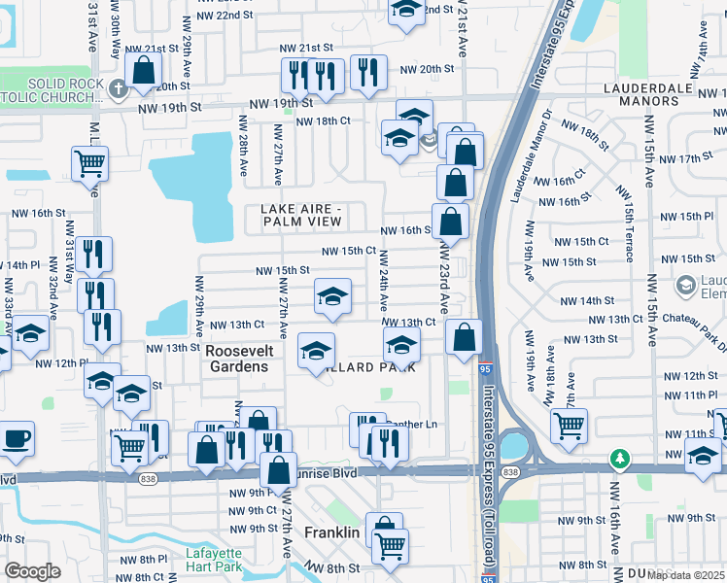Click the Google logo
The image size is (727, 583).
click(32, 571)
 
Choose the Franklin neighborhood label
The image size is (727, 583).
click(331, 533)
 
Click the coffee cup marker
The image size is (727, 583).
click(15, 437)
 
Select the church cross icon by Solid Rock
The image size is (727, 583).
click(120, 90)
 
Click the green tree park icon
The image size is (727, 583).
click(617, 457)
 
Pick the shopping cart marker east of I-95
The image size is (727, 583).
click(569, 425)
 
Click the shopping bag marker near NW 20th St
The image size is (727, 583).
click(144, 71)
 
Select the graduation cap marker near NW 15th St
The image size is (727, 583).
click(332, 295)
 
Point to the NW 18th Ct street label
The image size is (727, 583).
click(323, 121)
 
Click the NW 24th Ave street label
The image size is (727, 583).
click(384, 282)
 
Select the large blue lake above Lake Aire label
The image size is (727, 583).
click(199, 185)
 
